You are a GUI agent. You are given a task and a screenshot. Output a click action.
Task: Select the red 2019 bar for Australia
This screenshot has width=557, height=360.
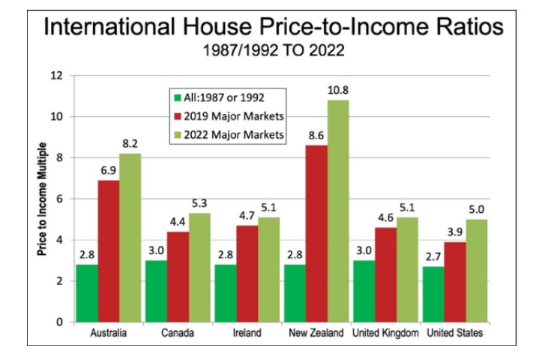click(109, 251)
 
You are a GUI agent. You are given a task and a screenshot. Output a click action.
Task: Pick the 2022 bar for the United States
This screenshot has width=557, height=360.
click(476, 271)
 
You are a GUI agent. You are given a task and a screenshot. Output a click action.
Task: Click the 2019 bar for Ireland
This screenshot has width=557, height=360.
click(246, 274)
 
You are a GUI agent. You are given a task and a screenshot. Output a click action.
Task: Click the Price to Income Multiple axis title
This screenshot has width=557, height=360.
click(43, 199)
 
